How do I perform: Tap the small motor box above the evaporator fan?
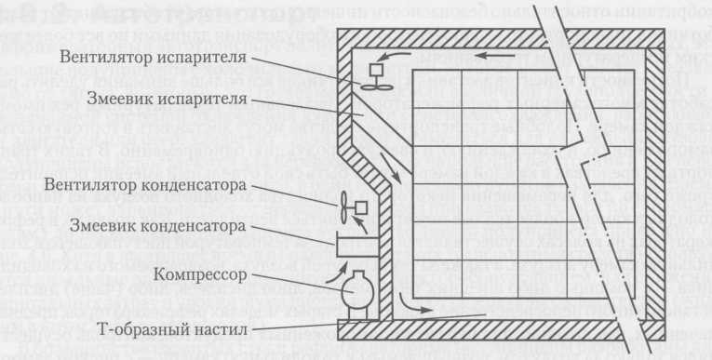pos(378,70)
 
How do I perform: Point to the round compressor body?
pos(356,289)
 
